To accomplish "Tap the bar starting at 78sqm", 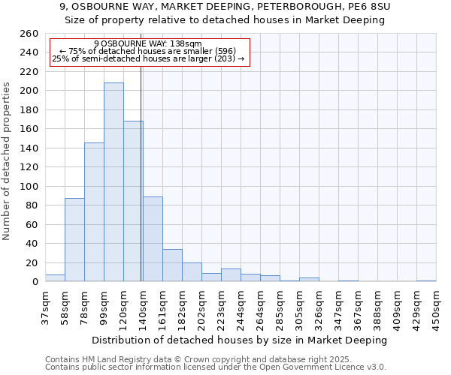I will [94, 212].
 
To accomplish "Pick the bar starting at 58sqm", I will [74, 240].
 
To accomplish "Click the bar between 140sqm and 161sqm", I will [153, 239].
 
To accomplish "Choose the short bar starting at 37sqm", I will [55, 278].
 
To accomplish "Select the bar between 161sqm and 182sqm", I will [172, 265].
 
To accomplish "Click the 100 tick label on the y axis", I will [29, 187].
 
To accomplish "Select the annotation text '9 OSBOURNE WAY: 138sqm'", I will [148, 44].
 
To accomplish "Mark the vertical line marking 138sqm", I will [141, 172].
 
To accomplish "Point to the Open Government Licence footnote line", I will [216, 367].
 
